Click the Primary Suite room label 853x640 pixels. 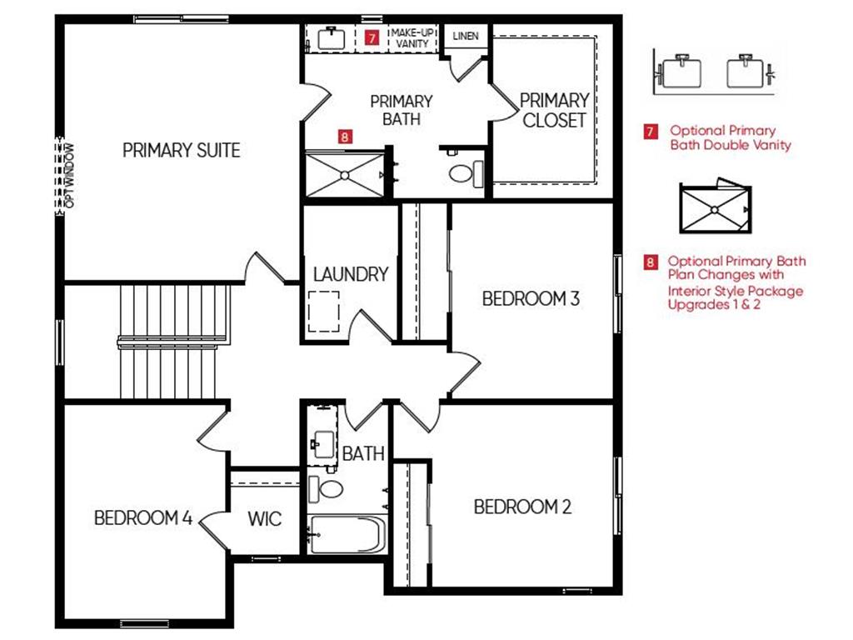click(181, 150)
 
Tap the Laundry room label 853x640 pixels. click(351, 273)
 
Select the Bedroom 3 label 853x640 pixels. click(531, 298)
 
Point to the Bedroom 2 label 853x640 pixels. click(522, 507)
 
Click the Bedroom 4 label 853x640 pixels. click(143, 517)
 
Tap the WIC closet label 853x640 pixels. click(265, 518)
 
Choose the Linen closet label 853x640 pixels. click(466, 36)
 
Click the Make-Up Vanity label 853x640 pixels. click(412, 38)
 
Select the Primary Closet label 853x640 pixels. click(554, 110)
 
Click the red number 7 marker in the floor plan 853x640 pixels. click(372, 37)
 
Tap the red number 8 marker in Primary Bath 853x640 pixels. click(345, 136)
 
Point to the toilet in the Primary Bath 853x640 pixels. click(466, 173)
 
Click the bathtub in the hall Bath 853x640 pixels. click(347, 534)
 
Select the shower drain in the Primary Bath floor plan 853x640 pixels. click(345, 175)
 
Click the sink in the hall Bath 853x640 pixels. click(324, 445)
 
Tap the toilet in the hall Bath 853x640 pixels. click(326, 488)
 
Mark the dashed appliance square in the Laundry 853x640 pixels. click(324, 312)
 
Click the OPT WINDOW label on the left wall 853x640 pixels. click(69, 175)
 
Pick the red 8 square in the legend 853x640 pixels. click(651, 262)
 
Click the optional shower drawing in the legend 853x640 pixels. click(716, 207)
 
